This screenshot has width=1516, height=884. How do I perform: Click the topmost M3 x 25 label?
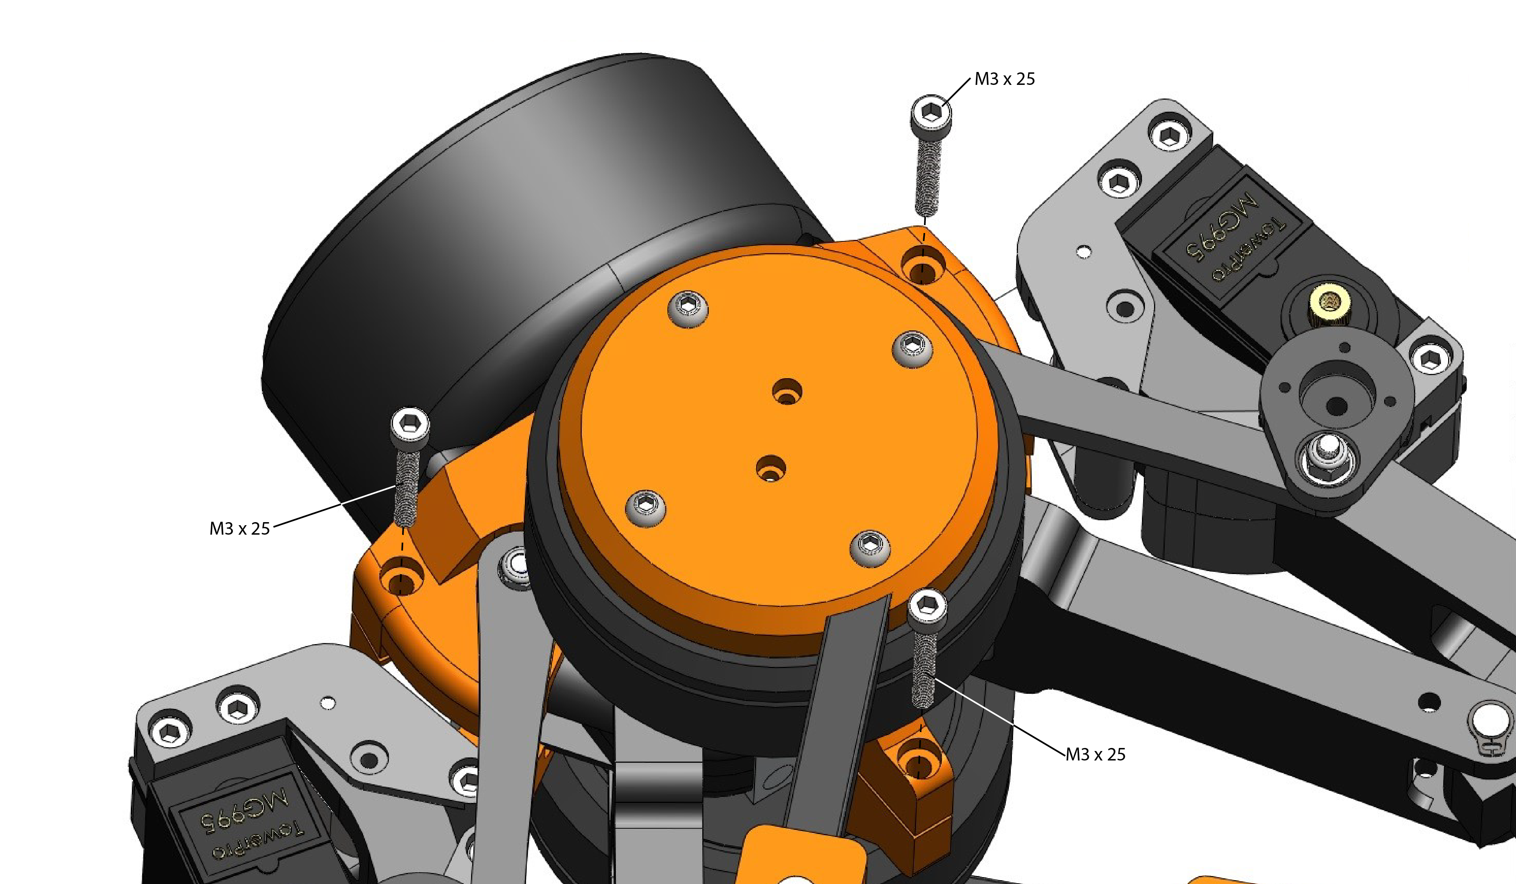point(1005,79)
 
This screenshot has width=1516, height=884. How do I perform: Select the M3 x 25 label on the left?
point(240,529)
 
